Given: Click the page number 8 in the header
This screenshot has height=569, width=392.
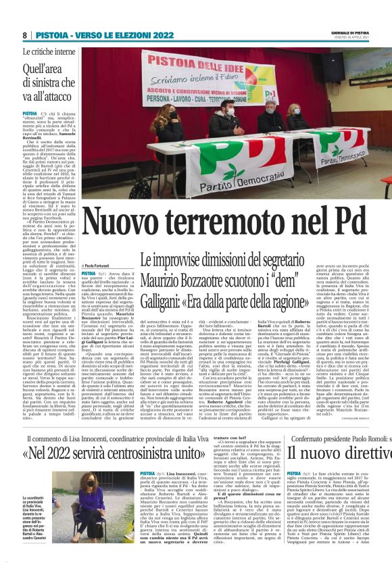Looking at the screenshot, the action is click(24, 35).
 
